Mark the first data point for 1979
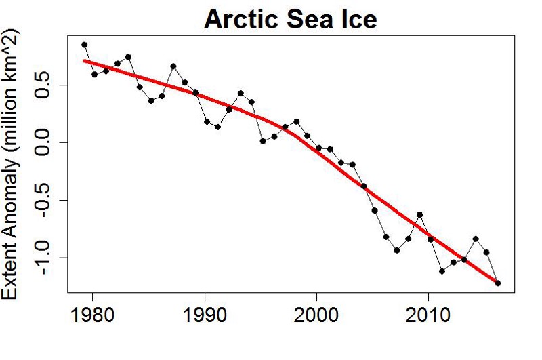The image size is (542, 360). click(84, 45)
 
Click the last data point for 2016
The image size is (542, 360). click(498, 283)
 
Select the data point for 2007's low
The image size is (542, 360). click(397, 250)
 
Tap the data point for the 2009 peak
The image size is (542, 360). click(419, 214)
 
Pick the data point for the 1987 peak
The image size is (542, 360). click(173, 66)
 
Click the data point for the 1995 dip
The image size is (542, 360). click(263, 141)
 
